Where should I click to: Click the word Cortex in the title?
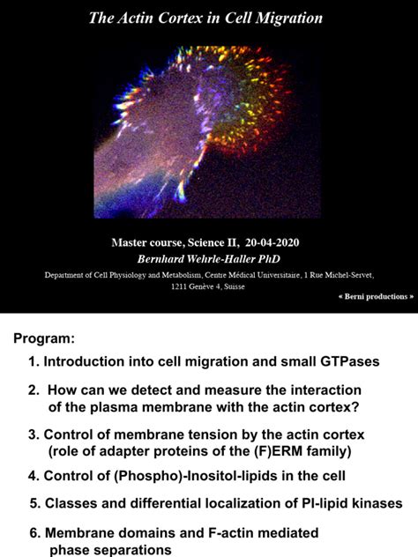181,18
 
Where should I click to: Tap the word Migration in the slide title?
291,18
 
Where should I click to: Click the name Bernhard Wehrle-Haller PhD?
208,258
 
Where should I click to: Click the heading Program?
45,339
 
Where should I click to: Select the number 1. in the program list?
34,362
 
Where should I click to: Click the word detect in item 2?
156,390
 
